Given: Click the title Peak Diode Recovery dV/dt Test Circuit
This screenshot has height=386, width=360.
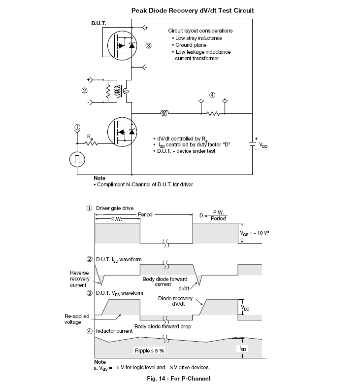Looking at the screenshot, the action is click(192, 10).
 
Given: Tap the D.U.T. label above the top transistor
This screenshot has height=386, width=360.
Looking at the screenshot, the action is click(98, 23).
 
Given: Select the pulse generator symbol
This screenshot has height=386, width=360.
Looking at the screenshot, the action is click(77, 160).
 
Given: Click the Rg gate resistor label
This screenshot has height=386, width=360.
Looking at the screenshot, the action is click(90, 138).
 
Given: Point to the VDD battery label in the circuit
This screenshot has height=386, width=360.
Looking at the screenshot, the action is click(263, 145).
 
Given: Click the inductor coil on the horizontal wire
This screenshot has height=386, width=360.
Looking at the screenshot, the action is click(164, 113).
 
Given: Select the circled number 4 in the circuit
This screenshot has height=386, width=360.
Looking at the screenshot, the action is click(212, 95).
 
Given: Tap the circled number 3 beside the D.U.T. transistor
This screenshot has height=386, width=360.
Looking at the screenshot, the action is click(148, 45).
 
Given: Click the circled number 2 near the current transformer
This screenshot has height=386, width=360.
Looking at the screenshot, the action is click(84, 91).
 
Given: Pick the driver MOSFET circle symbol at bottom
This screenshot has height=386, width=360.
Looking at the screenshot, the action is click(122, 132).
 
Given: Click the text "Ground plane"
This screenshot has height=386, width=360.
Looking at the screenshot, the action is click(191, 45).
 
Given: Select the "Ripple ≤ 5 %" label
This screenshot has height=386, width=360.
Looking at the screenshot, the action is click(149, 351).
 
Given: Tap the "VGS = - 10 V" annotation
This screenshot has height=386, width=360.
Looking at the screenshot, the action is click(254, 233).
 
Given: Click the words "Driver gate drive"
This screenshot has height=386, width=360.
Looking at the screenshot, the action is click(115, 208).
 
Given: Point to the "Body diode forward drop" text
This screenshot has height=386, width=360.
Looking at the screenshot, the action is click(163, 326).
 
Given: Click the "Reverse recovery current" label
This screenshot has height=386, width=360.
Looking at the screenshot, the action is click(79, 279).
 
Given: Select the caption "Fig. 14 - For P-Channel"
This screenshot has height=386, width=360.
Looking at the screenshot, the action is click(179, 379).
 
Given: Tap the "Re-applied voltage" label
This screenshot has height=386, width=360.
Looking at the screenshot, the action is click(77, 319).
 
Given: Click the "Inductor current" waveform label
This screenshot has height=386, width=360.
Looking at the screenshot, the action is click(114, 331).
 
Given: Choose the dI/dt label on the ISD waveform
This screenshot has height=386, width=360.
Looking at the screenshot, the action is click(184, 288).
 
